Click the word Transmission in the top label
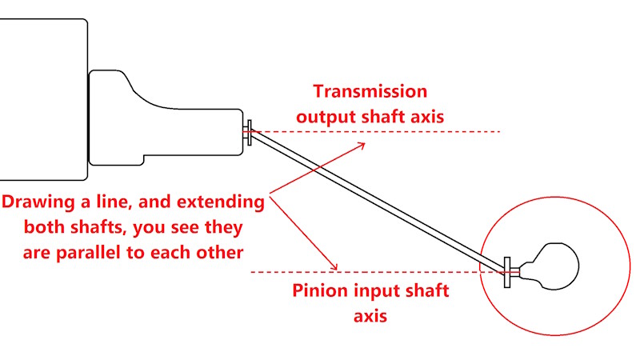[x=370, y=91]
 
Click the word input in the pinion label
[x=378, y=290]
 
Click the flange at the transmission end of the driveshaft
[x=250, y=132]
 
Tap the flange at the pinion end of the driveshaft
[x=508, y=272]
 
